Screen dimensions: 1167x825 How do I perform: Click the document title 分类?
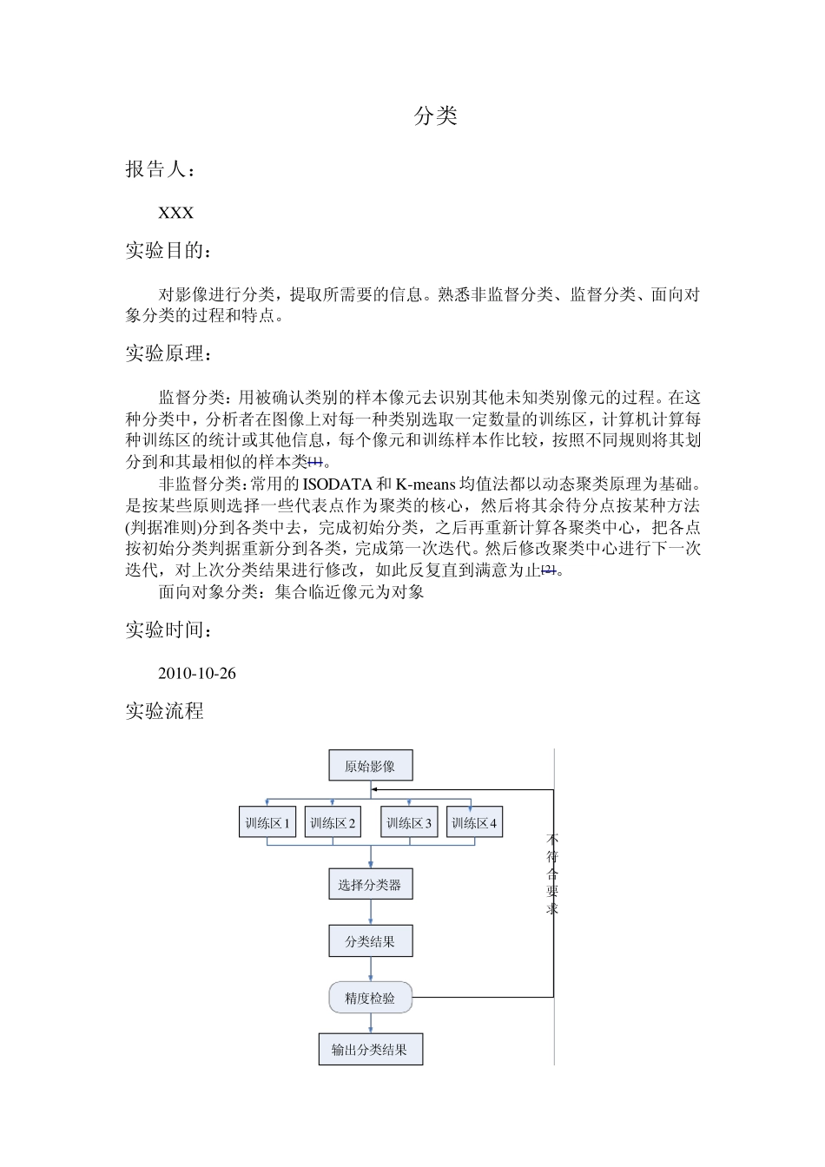[x=435, y=116]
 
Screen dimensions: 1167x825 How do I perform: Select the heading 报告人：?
[x=162, y=169]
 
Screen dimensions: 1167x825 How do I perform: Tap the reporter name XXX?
[x=175, y=213]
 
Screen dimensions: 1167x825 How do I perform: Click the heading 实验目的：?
[x=168, y=251]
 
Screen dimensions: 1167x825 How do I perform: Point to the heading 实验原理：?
[x=168, y=353]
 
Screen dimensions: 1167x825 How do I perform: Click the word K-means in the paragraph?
[x=426, y=484]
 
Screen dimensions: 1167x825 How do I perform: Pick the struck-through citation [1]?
[x=315, y=462]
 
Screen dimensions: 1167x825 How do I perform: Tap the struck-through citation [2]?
[x=549, y=570]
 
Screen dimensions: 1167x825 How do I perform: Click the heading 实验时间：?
[x=168, y=630]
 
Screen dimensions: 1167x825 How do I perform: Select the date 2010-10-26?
[x=197, y=673]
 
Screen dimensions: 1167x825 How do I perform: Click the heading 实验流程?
[x=164, y=711]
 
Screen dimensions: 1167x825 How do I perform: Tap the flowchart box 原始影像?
[x=370, y=766]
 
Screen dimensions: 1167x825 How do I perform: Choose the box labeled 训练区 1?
[x=267, y=822]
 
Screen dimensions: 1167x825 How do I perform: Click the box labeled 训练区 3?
[x=409, y=822]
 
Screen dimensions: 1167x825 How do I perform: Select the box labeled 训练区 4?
[x=474, y=822]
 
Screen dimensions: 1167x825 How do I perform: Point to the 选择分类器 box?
[x=370, y=885]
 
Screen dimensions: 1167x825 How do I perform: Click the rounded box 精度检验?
[x=370, y=998]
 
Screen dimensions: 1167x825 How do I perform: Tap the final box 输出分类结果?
[x=370, y=1049]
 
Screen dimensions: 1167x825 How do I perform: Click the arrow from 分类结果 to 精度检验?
[x=371, y=969]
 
